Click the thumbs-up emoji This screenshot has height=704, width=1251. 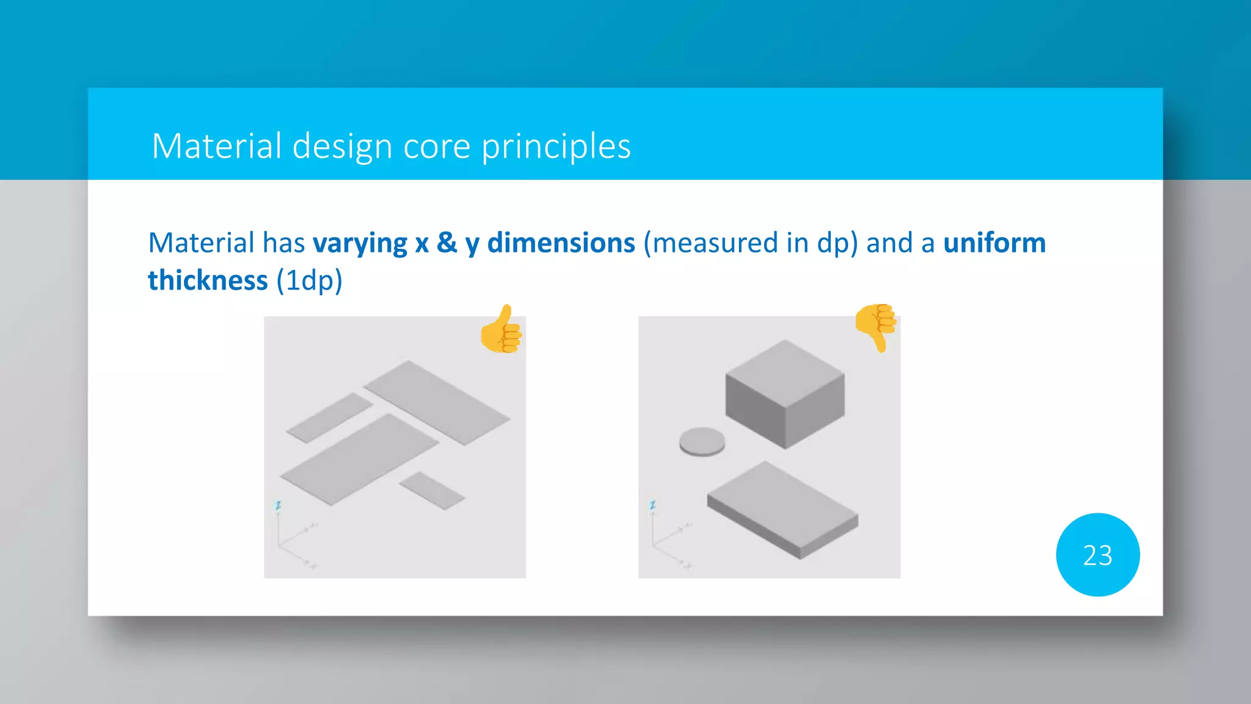pos(501,330)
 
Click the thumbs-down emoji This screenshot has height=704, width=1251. pos(875,326)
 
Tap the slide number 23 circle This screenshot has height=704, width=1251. pos(1097,555)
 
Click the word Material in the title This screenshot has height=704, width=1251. pos(216,147)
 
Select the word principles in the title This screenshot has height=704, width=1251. pos(556,147)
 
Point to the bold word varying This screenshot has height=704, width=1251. pos(360,243)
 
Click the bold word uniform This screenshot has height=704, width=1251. pos(994,243)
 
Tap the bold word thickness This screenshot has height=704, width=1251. pos(208,281)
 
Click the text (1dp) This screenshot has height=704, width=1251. pos(309,281)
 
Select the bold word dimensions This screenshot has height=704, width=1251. pos(561,243)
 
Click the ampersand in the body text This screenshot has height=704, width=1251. pos(447,243)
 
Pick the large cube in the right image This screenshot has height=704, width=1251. pos(785,394)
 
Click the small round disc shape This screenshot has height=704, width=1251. pos(702,441)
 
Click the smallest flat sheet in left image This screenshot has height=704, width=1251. pos(432,490)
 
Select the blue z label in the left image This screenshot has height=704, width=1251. pos(278,505)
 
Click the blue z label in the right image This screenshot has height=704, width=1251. pos(652,505)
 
